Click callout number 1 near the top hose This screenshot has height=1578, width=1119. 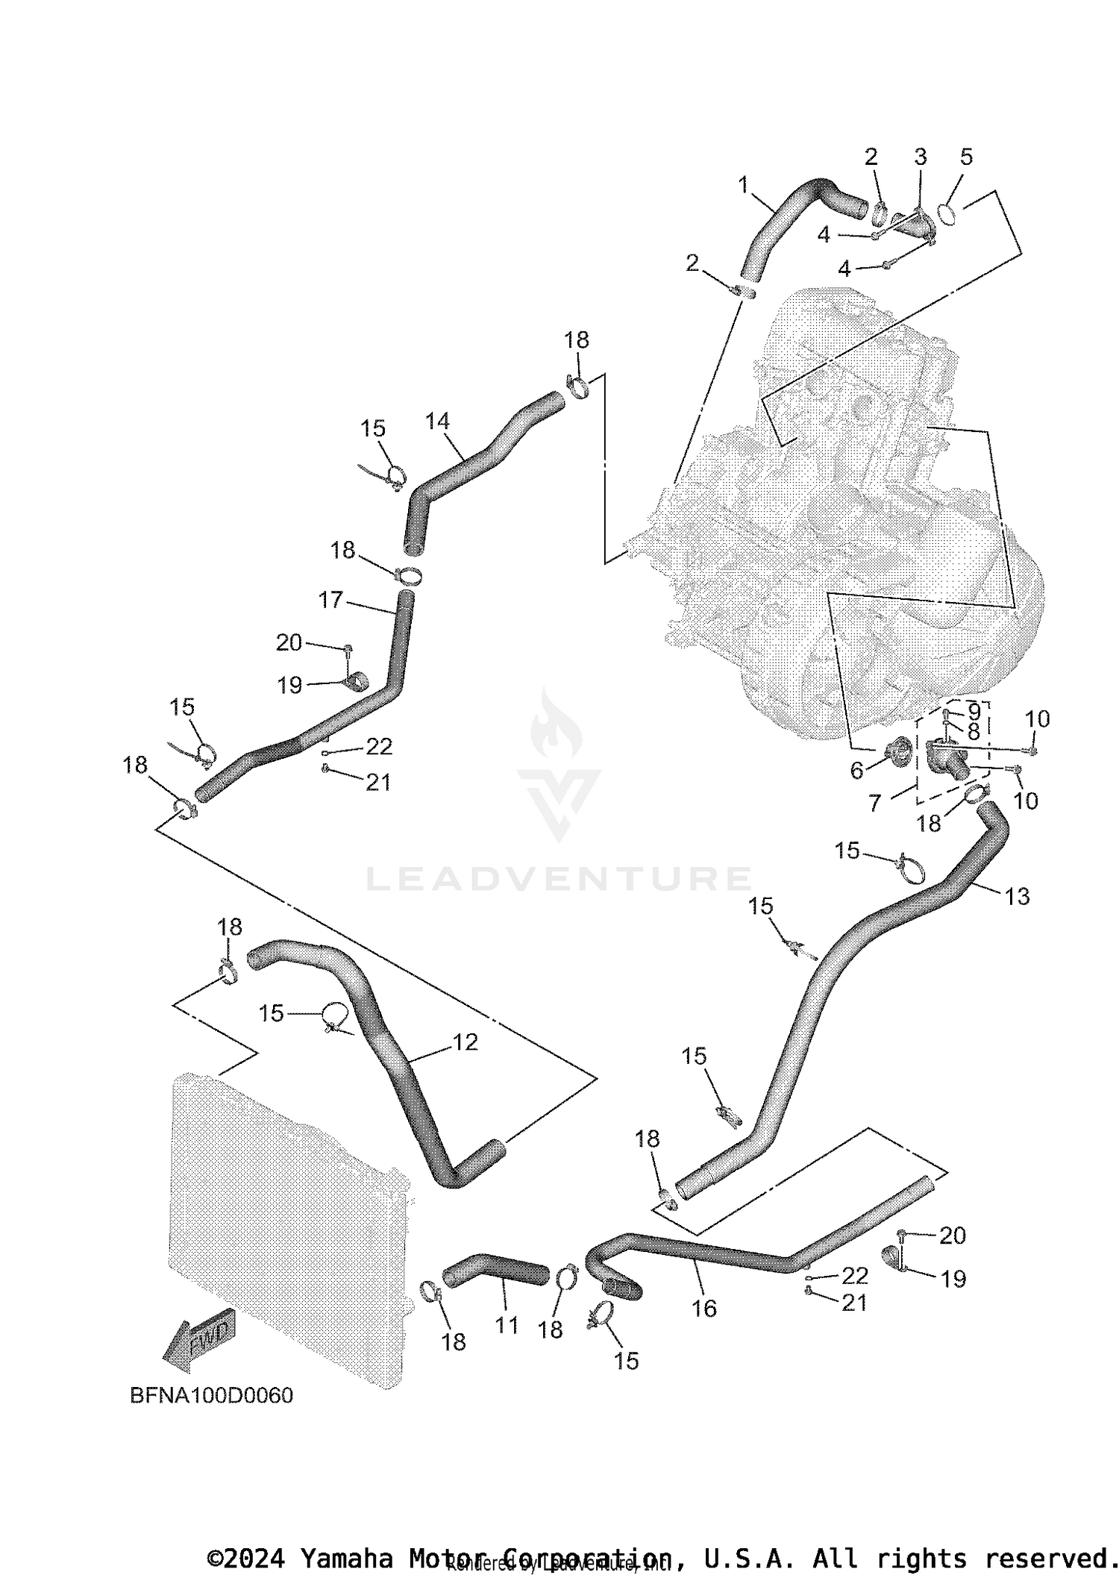(743, 184)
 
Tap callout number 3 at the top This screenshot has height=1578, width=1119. (920, 157)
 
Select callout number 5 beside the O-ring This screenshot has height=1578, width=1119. (966, 157)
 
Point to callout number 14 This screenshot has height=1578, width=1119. (437, 422)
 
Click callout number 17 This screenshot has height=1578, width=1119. (330, 599)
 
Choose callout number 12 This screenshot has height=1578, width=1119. (465, 1042)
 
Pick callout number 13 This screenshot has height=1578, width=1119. (1018, 895)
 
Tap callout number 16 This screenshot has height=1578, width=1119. (704, 1308)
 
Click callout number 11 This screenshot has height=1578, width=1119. (507, 1326)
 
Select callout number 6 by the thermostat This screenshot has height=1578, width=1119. (856, 771)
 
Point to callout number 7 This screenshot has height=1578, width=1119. (875, 803)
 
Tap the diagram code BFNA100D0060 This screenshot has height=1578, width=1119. (211, 1395)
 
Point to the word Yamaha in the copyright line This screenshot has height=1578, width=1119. (345, 1559)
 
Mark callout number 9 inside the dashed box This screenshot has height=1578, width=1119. (974, 710)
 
